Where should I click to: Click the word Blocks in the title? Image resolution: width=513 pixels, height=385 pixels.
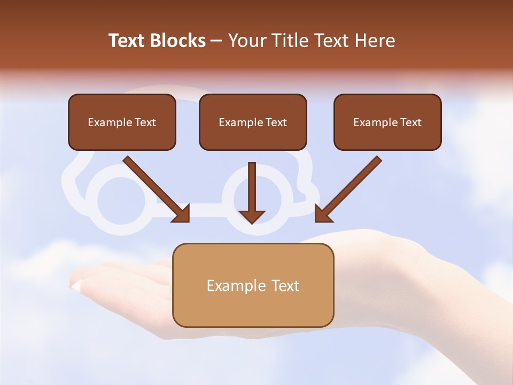[x=178, y=41]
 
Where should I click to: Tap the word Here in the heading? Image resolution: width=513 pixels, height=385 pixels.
[x=375, y=41]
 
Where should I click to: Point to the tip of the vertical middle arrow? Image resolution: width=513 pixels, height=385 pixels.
[x=252, y=221]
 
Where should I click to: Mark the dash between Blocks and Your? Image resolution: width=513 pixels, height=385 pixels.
[x=216, y=41]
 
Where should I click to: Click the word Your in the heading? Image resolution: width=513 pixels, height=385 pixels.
[x=247, y=41]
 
